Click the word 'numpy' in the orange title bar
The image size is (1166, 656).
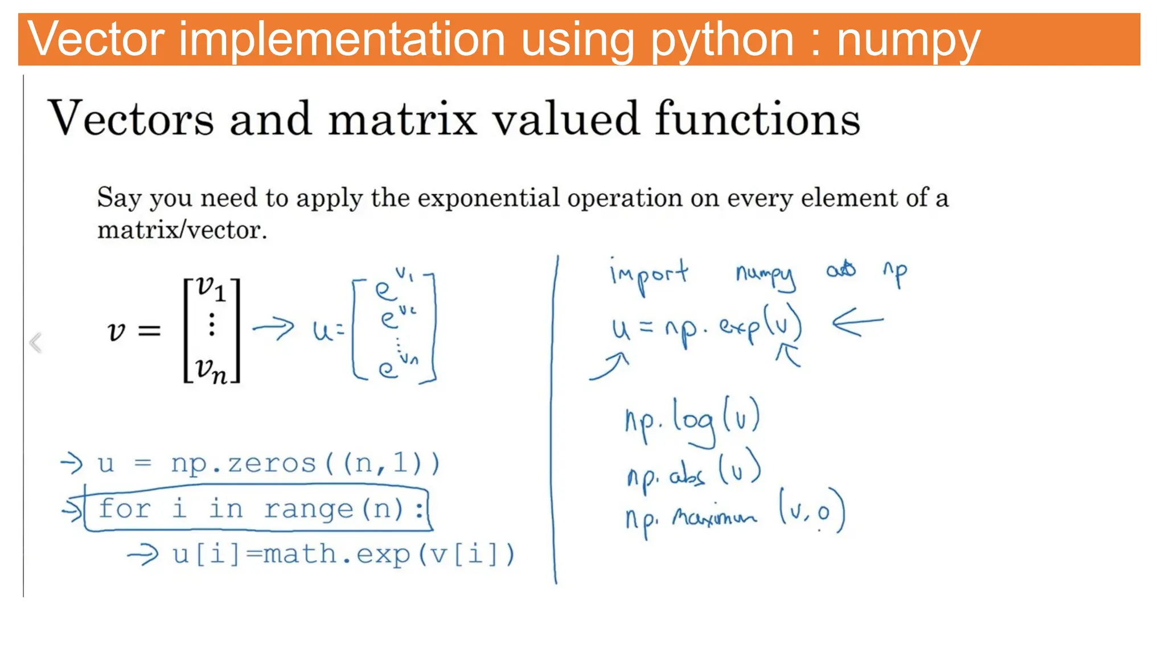click(x=908, y=41)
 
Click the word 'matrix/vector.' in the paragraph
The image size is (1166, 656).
click(x=182, y=231)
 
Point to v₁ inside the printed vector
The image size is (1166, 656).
click(x=211, y=289)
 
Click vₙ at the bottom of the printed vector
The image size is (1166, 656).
click(x=211, y=370)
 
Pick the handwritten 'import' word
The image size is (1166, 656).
click(x=648, y=275)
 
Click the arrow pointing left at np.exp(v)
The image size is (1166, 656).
click(x=857, y=323)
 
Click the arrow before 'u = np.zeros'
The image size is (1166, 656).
click(x=72, y=462)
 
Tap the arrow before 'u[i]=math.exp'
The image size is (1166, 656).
click(x=142, y=554)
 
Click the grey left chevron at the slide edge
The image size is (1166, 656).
click(x=36, y=343)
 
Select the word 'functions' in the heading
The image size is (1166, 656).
click(x=757, y=118)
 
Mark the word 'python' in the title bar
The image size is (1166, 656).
click(x=722, y=41)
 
